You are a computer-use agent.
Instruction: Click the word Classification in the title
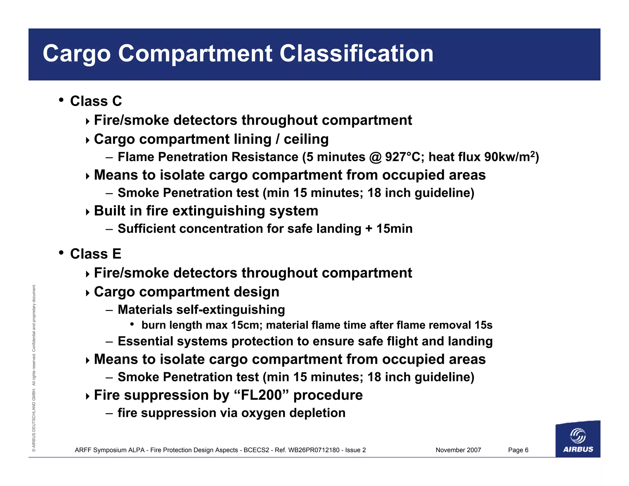(356, 53)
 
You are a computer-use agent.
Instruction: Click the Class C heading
(96, 101)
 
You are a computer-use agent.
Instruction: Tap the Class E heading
(96, 254)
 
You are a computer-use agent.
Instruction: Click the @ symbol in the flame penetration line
(375, 157)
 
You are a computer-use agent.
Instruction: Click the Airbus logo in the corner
(578, 439)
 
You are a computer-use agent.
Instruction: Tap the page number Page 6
(518, 450)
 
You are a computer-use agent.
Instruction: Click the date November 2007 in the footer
(458, 450)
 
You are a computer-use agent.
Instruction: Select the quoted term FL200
(261, 395)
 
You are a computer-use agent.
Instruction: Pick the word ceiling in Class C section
(306, 139)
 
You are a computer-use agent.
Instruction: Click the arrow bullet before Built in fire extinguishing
(88, 212)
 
